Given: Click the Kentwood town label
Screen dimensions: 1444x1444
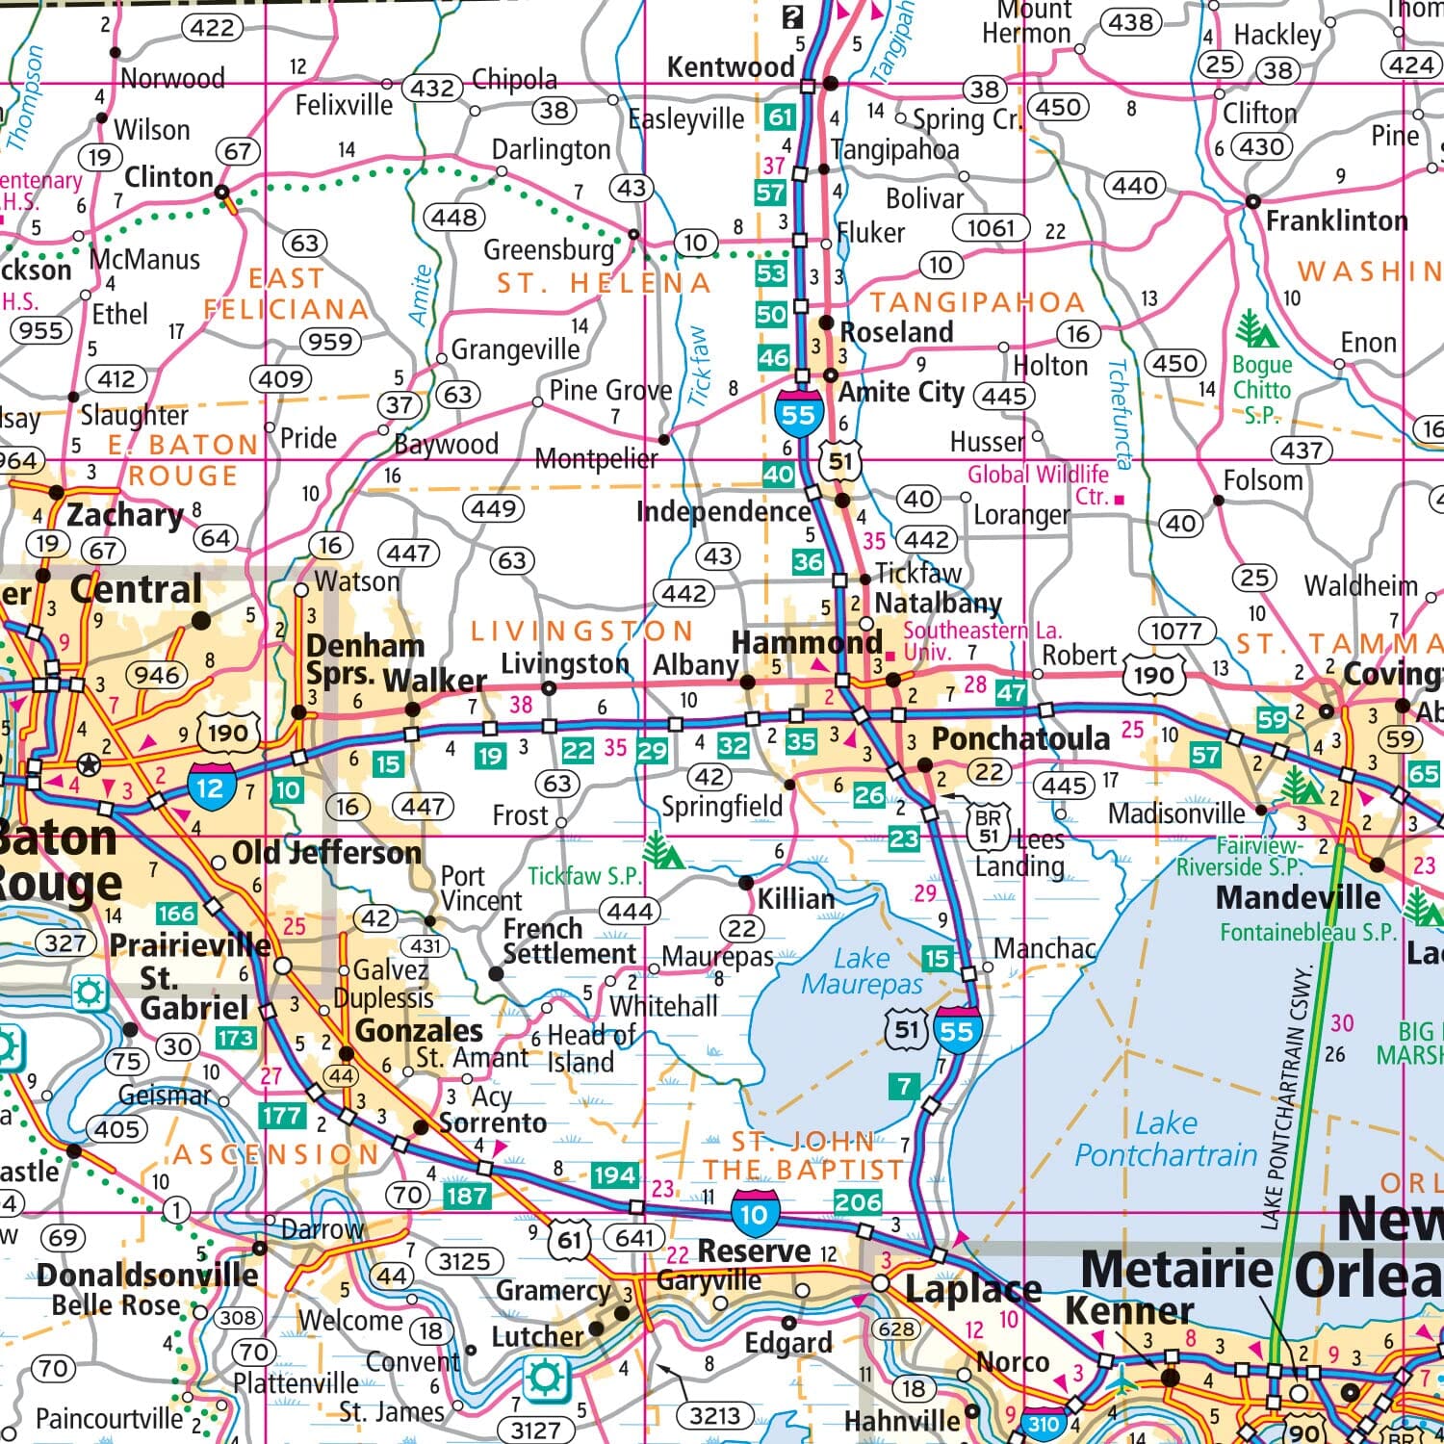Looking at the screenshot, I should [731, 67].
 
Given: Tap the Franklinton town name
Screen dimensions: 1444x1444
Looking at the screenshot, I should [1335, 221].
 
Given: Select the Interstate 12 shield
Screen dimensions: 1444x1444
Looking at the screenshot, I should [211, 786].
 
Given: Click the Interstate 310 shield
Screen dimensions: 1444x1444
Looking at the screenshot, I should [1044, 1423].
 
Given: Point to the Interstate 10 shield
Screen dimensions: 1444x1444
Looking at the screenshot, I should [753, 1213].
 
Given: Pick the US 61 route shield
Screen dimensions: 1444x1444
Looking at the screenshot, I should [570, 1240].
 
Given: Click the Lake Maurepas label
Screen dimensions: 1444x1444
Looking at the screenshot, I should [862, 971].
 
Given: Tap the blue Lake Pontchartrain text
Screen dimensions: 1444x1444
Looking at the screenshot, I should [1166, 1140].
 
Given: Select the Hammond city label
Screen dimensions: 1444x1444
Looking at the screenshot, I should [807, 642].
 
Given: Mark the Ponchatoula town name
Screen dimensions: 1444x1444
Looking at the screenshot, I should [1020, 739].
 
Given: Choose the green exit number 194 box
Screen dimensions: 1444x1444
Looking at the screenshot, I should [613, 1174].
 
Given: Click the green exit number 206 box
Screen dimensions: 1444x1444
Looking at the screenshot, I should [857, 1201].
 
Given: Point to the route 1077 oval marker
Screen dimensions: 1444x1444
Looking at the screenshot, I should [1176, 632].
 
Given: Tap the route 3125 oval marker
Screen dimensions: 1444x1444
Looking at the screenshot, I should [464, 1261].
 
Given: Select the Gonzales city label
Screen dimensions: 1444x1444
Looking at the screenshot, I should [419, 1031].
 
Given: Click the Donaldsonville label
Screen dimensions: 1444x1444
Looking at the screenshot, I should [147, 1276].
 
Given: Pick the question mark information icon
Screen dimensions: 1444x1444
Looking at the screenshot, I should [791, 16].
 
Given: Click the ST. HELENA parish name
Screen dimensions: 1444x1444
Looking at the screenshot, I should [604, 283].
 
